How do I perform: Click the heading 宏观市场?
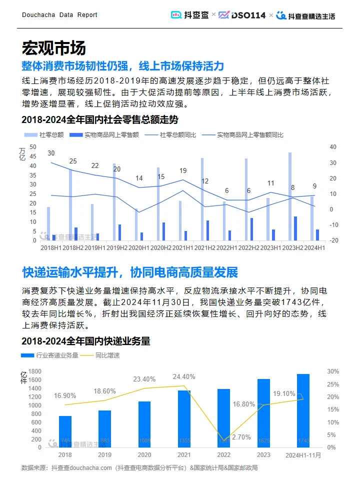tap(53, 48)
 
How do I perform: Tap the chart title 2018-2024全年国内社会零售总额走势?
tap(99, 120)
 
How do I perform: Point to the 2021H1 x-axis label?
tap(183, 247)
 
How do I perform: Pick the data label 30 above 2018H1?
tap(51, 153)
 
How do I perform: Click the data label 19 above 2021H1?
tap(183, 170)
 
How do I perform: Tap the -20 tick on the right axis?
tap(334, 240)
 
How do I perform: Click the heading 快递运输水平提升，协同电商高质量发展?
tap(130, 272)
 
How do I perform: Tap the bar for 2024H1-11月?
tap(303, 410)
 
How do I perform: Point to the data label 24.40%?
tap(183, 376)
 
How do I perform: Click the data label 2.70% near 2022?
tap(241, 437)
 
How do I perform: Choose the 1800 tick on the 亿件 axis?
tap(34, 371)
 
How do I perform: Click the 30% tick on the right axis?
tap(333, 371)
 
